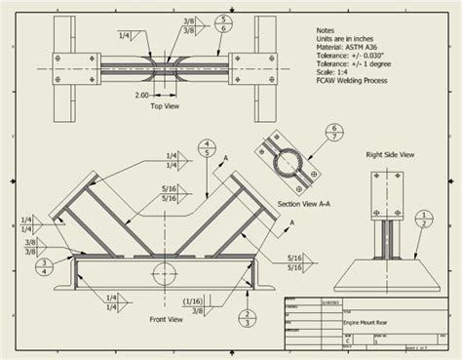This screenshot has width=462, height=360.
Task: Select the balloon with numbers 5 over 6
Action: (x=224, y=24)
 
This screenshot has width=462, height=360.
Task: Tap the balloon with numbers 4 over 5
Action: (x=206, y=147)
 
